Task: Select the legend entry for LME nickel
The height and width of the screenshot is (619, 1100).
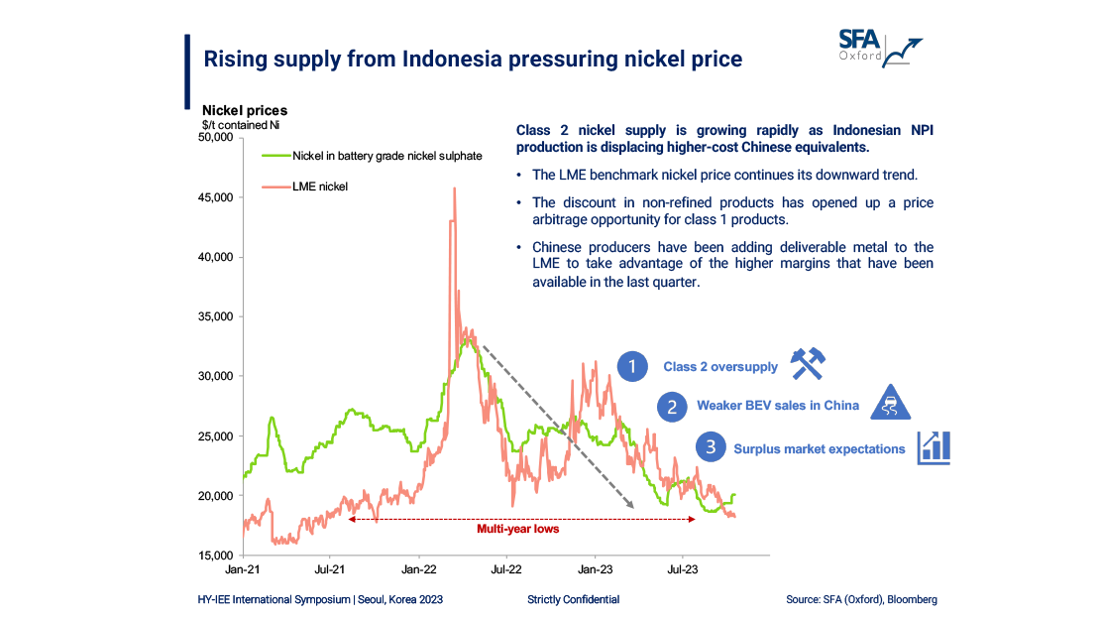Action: coord(319,186)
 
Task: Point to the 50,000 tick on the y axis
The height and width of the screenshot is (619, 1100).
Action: coord(215,138)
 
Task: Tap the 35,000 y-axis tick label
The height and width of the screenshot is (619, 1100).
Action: coord(215,316)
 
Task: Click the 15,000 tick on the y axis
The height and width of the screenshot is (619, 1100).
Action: coord(215,555)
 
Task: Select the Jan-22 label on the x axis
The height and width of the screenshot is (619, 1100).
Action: coord(419,570)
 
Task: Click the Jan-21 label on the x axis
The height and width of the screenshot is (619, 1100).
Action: coord(244,570)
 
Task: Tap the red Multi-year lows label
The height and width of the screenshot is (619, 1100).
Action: coord(518,529)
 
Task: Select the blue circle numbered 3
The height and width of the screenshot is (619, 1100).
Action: coord(710,448)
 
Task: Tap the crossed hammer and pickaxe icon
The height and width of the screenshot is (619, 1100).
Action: coord(809,364)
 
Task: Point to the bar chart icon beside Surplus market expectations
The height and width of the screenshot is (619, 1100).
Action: coord(934,447)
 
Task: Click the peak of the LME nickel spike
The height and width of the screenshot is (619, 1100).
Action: coord(454,188)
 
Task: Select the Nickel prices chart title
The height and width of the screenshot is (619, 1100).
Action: coord(245,110)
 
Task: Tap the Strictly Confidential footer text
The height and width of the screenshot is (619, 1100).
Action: coord(574,599)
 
